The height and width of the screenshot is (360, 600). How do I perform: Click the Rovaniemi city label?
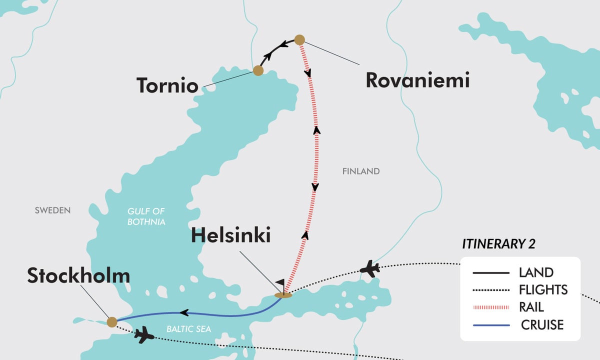click(x=417, y=80)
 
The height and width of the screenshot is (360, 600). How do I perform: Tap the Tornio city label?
click(x=167, y=85)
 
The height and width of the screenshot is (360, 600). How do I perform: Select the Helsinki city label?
click(x=231, y=235)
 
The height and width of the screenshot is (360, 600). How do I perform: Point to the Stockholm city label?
click(x=78, y=275)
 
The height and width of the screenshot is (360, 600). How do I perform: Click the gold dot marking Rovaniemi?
click(x=299, y=39)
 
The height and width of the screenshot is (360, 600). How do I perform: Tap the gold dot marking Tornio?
click(x=258, y=70)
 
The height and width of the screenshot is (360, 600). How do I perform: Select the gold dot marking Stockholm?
click(x=112, y=321)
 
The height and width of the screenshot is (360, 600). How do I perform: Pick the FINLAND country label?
click(x=361, y=171)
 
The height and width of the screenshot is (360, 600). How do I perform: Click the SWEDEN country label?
click(x=52, y=210)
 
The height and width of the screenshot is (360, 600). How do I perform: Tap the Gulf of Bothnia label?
click(x=146, y=216)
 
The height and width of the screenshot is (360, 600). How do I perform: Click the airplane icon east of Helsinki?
click(x=370, y=268)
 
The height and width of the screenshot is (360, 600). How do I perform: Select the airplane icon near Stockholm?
click(x=144, y=334)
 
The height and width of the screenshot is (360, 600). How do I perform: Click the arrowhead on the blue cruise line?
click(x=183, y=313)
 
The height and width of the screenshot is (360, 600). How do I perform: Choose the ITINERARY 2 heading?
click(x=498, y=244)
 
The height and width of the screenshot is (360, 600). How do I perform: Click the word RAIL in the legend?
click(x=531, y=307)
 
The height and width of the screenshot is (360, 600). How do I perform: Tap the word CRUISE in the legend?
click(x=542, y=325)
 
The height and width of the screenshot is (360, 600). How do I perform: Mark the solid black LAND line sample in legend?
click(x=491, y=273)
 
